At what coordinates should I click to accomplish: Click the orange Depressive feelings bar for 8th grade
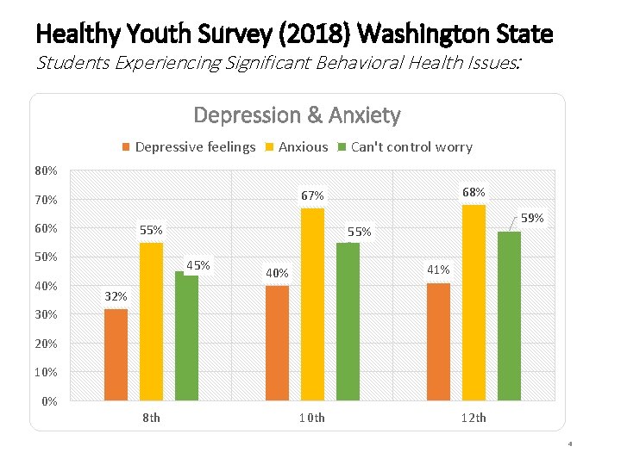pyautogui.click(x=116, y=354)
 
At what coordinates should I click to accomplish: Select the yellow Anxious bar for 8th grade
pyautogui.click(x=151, y=321)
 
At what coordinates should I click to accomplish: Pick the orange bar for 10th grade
pyautogui.click(x=278, y=343)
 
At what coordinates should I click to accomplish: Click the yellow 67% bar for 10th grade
pyautogui.click(x=313, y=304)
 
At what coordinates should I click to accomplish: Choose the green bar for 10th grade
pyautogui.click(x=348, y=321)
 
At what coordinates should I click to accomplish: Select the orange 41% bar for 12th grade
pyautogui.click(x=438, y=341)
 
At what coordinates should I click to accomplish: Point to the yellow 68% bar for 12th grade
pyautogui.click(x=474, y=302)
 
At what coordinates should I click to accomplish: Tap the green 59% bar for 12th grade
pyautogui.click(x=509, y=315)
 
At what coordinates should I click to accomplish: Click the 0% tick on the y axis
pyautogui.click(x=50, y=401)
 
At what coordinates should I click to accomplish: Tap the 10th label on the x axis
pyautogui.click(x=311, y=418)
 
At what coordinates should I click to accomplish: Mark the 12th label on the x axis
pyautogui.click(x=473, y=418)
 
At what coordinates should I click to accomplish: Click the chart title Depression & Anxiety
pyautogui.click(x=297, y=115)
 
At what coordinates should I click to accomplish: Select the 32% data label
pyautogui.click(x=116, y=296)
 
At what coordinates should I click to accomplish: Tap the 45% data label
pyautogui.click(x=198, y=265)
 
